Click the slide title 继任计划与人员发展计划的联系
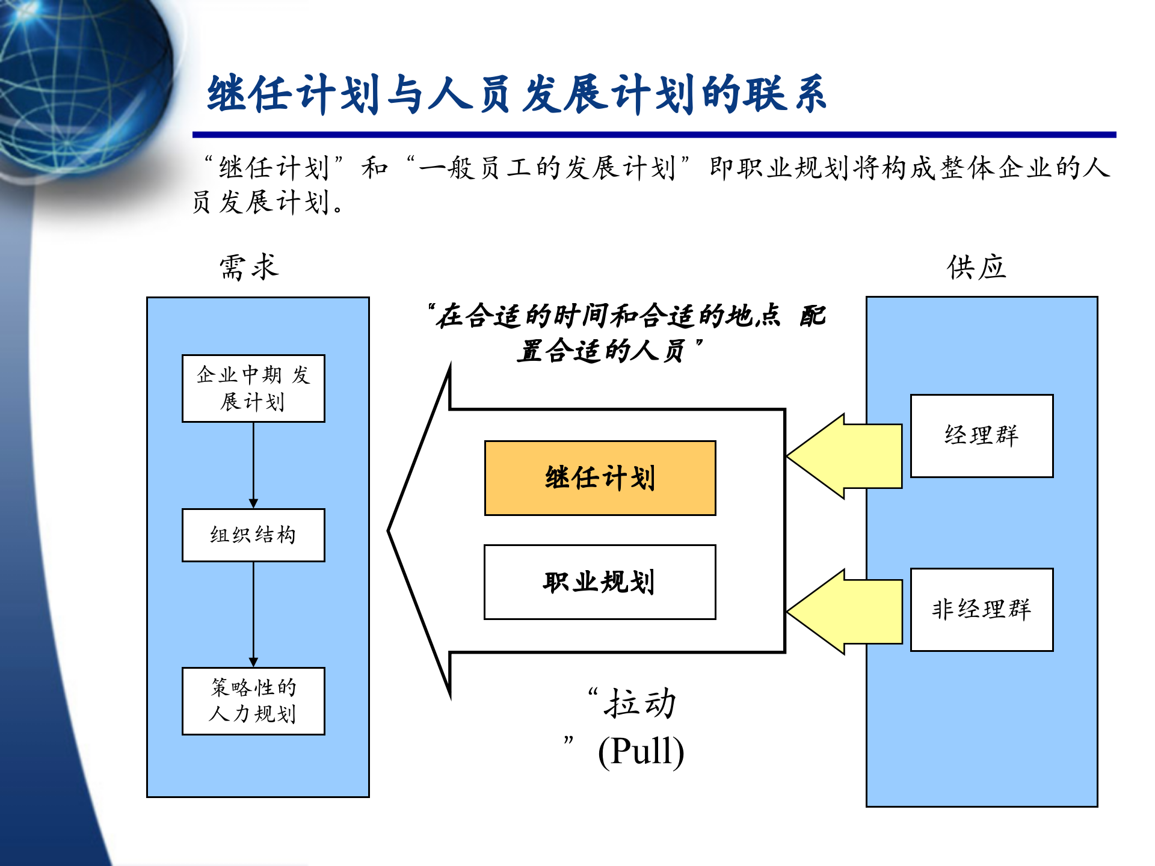[x=517, y=94]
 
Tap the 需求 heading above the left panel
[x=249, y=267]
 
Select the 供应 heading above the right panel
[x=976, y=267]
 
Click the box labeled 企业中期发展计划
[x=253, y=388]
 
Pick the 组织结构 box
[x=253, y=535]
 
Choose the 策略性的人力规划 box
[x=253, y=701]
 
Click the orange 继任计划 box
[x=600, y=478]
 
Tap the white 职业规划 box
[x=600, y=582]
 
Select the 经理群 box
[x=982, y=436]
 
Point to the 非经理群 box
[x=982, y=610]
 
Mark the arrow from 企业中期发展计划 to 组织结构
[x=253, y=465]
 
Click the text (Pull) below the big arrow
[x=641, y=752]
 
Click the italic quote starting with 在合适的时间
[x=626, y=333]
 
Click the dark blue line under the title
[x=654, y=135]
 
